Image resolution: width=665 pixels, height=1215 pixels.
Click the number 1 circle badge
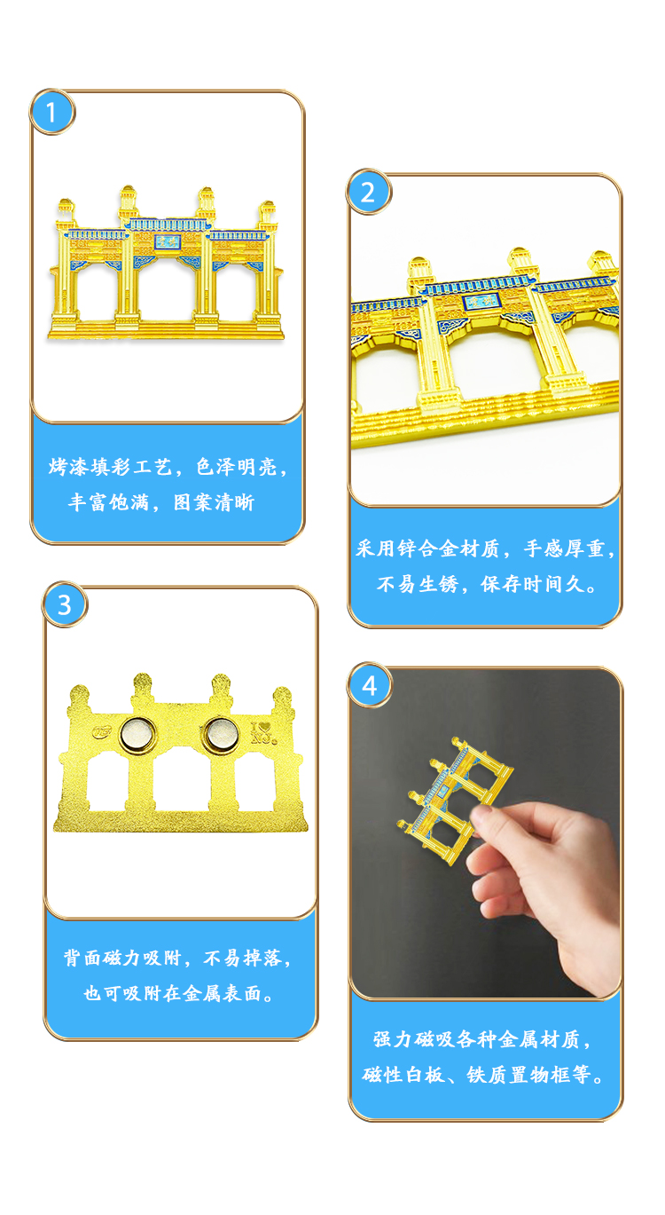click(52, 112)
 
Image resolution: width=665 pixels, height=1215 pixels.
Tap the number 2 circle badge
click(369, 192)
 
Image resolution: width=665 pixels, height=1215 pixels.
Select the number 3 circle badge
click(65, 604)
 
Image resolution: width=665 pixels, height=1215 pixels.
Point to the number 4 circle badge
click(370, 686)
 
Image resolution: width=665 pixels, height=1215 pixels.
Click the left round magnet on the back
click(137, 735)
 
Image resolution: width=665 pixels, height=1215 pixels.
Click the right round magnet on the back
click(221, 735)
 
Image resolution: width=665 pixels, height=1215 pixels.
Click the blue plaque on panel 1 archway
click(167, 241)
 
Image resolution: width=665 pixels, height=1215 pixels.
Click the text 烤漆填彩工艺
click(111, 467)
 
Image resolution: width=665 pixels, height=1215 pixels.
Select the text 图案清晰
click(214, 502)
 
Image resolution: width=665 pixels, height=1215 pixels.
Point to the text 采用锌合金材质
click(427, 548)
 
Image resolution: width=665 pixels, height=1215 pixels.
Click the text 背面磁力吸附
click(122, 958)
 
